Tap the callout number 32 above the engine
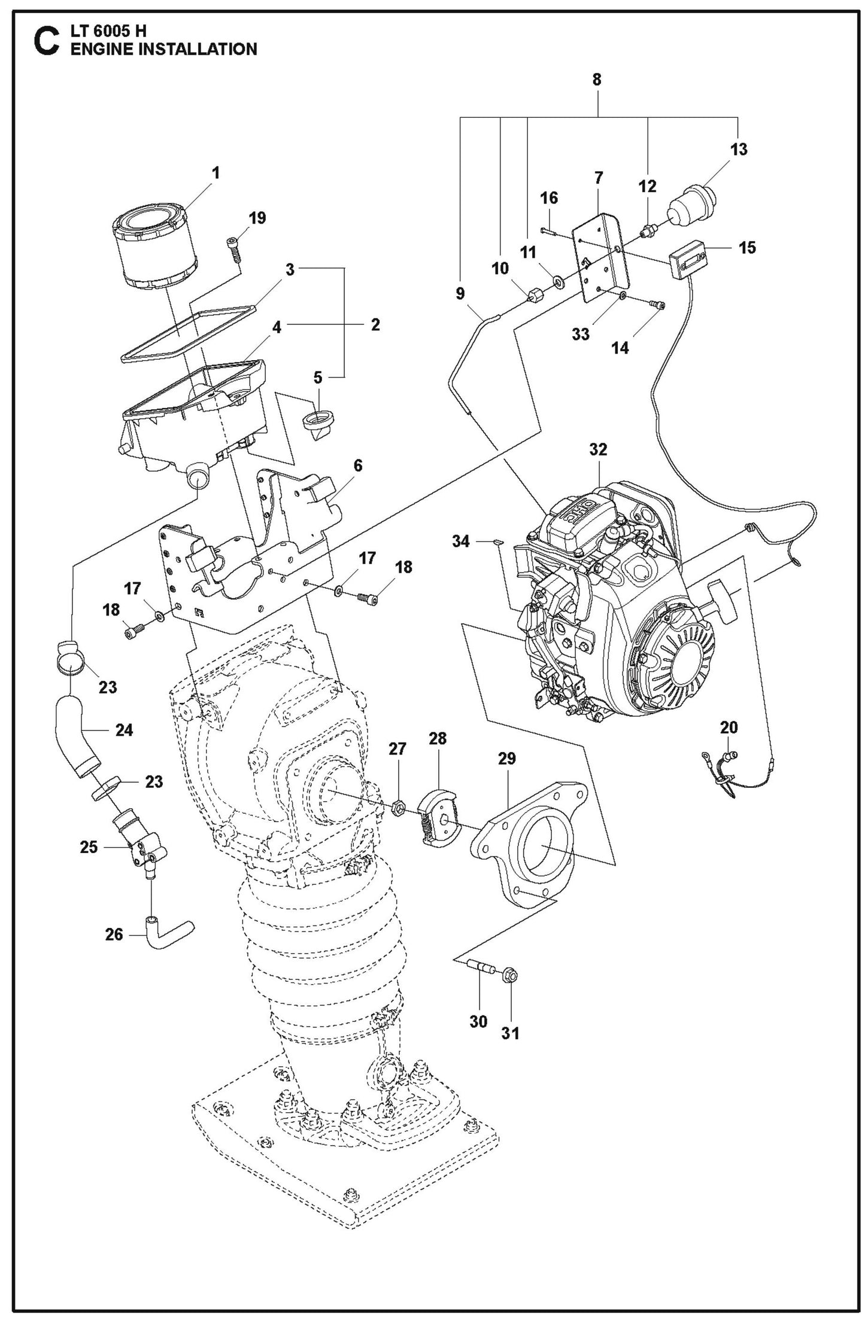(x=598, y=450)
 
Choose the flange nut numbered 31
(x=511, y=975)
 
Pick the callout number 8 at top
(x=597, y=80)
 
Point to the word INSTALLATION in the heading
(x=197, y=49)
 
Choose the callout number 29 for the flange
(x=507, y=759)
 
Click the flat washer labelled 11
(x=557, y=279)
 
